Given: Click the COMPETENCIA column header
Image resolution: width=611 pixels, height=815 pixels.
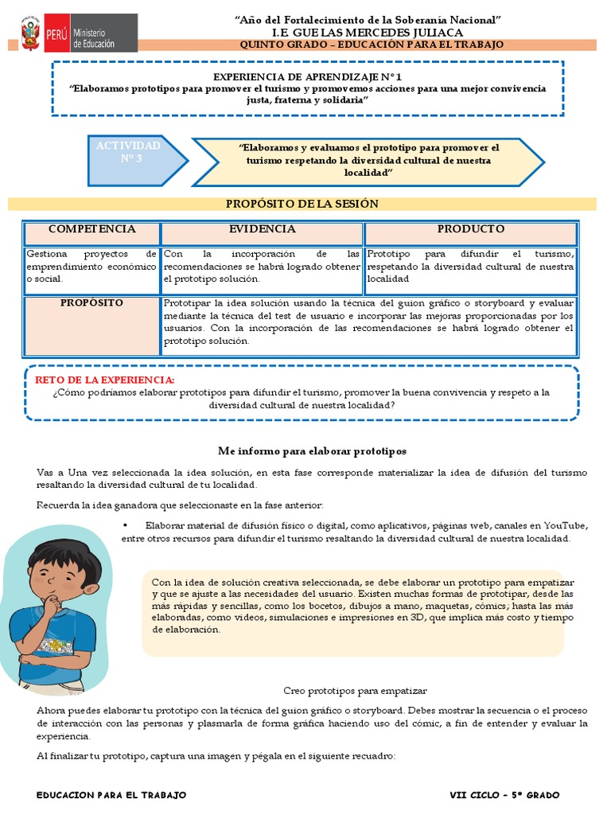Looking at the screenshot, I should [x=91, y=229].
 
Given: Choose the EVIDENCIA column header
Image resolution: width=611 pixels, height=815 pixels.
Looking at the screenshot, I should [x=263, y=229].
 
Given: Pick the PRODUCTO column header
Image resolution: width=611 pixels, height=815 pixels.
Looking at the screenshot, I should [x=470, y=229].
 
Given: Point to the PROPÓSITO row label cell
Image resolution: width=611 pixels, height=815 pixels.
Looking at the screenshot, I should [x=92, y=303].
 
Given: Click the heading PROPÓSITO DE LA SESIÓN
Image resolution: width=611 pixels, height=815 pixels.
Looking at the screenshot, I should [x=302, y=204].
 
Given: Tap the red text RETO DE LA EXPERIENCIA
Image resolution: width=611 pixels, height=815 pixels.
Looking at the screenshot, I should [x=104, y=380].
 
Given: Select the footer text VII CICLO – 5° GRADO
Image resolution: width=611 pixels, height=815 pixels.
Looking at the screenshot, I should [x=504, y=795].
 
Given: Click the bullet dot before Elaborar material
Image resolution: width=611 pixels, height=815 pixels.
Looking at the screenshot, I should [x=126, y=526].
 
